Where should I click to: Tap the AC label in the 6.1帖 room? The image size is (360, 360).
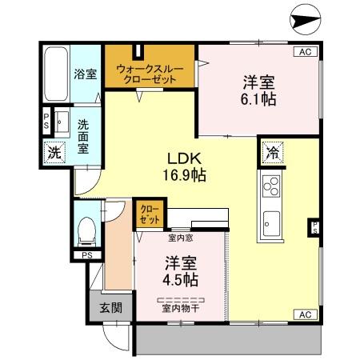pyautogui.click(x=304, y=52)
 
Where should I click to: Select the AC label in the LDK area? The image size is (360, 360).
pyautogui.click(x=304, y=314)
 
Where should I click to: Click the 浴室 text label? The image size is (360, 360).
pyautogui.click(x=86, y=74)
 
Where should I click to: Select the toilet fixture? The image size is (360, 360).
pyautogui.click(x=87, y=231)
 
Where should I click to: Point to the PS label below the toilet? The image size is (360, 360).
pyautogui.click(x=87, y=255)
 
